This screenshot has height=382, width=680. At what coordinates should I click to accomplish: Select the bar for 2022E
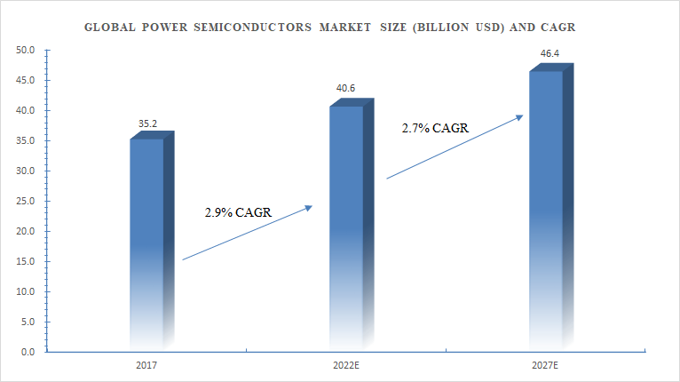(x=347, y=227)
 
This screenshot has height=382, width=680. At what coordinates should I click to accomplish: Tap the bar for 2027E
(x=546, y=209)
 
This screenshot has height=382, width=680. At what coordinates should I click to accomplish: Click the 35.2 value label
(x=147, y=123)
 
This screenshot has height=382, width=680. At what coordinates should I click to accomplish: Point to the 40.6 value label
(x=346, y=90)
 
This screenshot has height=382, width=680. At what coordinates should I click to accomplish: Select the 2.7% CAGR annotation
(x=435, y=128)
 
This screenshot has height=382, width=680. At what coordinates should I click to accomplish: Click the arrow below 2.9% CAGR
(x=247, y=233)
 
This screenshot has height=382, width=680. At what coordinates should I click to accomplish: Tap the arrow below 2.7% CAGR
(x=453, y=147)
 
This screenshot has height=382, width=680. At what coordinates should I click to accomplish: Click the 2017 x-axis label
(x=147, y=365)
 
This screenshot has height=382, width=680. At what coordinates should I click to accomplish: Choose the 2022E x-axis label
(x=346, y=365)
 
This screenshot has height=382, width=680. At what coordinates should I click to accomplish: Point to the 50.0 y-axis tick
(x=26, y=51)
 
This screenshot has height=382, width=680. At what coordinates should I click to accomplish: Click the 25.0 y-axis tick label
(x=26, y=202)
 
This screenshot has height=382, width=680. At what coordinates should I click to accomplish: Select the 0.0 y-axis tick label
(x=28, y=353)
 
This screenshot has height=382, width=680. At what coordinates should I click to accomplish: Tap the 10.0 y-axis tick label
(x=26, y=292)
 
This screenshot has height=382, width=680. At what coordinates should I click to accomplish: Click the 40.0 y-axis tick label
(x=26, y=111)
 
